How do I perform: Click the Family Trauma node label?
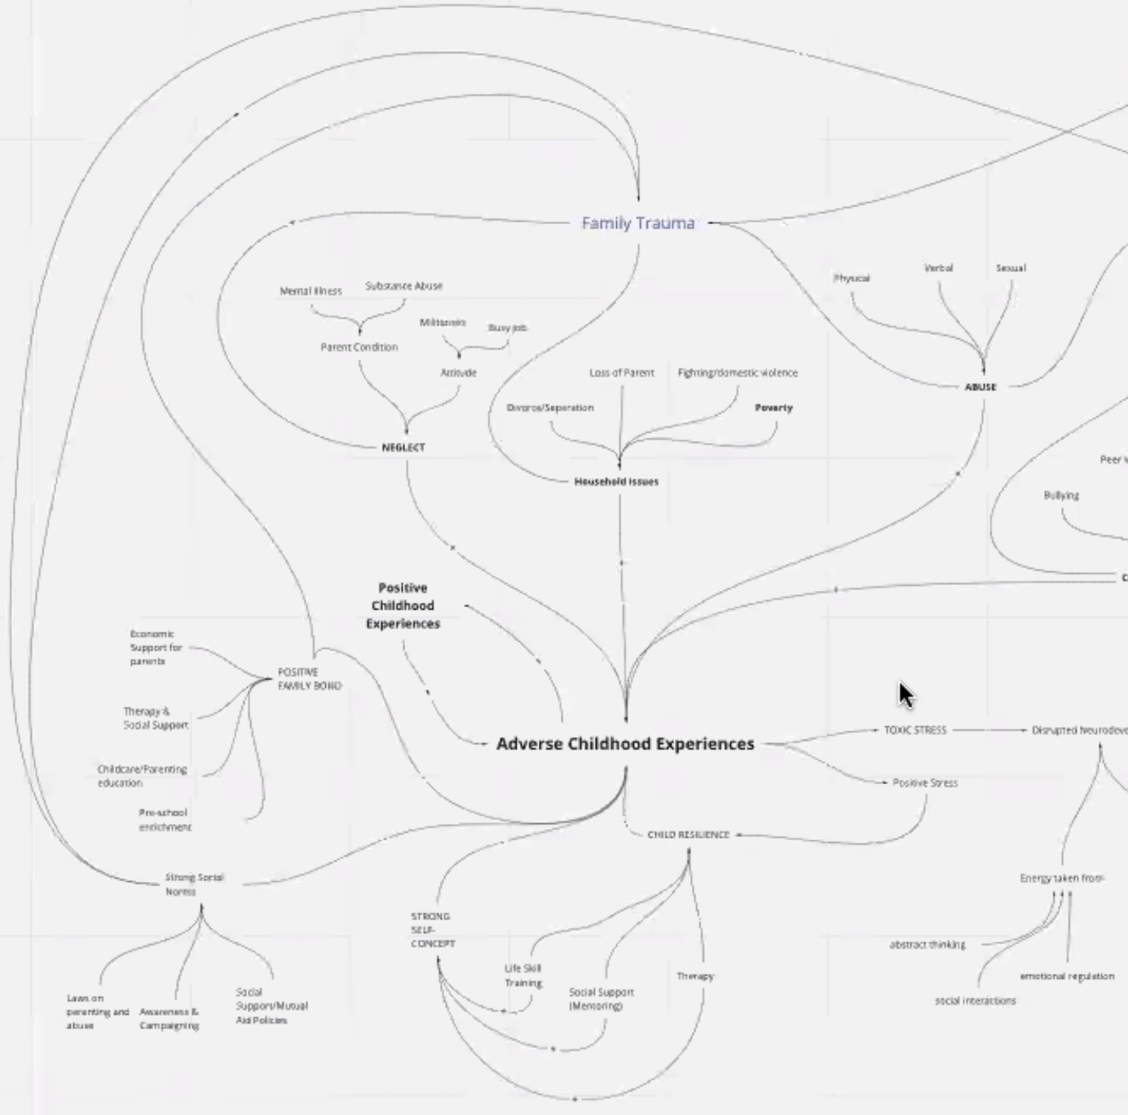638,223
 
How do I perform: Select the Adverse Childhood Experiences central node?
625,743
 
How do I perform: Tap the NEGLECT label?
403,447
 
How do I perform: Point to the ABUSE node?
980,387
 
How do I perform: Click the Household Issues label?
616,482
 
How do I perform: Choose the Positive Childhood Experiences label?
403,606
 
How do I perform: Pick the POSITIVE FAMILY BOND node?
309,679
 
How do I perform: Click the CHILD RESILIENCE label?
688,835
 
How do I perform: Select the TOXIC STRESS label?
915,730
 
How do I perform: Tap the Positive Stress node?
925,782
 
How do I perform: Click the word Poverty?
773,408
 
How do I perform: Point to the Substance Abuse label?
404,286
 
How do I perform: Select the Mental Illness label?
311,291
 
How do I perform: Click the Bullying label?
1060,496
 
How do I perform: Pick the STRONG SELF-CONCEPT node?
432,930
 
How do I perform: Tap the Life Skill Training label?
522,976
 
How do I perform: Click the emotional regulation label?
1066,976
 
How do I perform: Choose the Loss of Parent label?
622,372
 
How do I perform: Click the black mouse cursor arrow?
905,695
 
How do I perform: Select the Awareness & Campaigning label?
169,1019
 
